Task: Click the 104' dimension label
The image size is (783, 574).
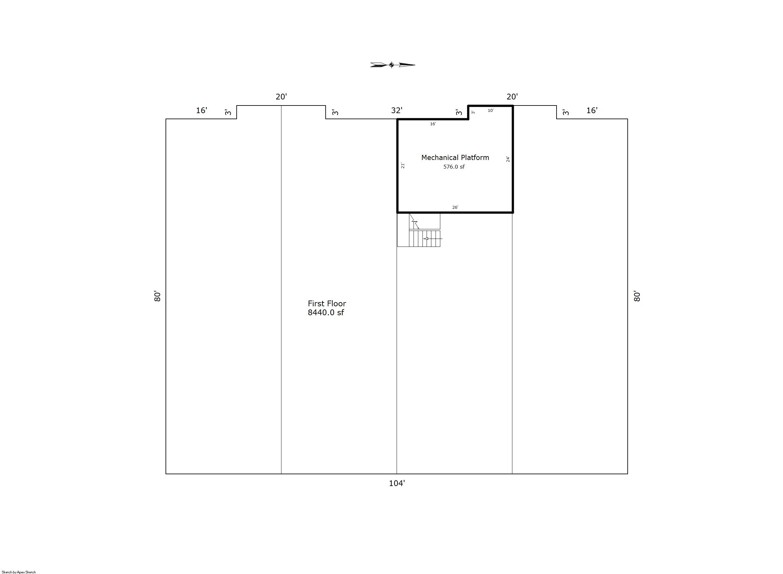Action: click(397, 483)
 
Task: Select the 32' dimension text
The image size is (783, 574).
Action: click(397, 110)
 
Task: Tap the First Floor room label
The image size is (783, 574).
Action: click(327, 303)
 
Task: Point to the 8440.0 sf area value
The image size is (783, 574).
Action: click(326, 312)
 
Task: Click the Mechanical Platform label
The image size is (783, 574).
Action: click(455, 157)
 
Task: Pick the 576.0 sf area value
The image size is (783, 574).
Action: click(454, 167)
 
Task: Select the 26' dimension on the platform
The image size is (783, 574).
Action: click(455, 207)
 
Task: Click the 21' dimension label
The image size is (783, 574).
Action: click(403, 165)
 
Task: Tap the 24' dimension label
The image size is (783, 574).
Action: click(508, 159)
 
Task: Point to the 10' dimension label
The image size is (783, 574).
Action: click(491, 111)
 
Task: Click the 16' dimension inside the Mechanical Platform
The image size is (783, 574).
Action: click(433, 124)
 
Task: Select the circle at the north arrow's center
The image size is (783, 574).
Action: click(392, 65)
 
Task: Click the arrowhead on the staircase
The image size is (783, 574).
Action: click(425, 239)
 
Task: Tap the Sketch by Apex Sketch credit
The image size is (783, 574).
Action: click(19, 572)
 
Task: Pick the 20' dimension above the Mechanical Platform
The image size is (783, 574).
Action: click(512, 97)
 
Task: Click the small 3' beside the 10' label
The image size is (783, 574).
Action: click(473, 112)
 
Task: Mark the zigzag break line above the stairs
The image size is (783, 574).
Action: click(414, 221)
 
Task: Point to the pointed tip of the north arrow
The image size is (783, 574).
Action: click(415, 65)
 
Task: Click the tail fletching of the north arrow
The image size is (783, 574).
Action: click(378, 65)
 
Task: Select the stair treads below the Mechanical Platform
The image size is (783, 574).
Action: click(425, 239)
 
